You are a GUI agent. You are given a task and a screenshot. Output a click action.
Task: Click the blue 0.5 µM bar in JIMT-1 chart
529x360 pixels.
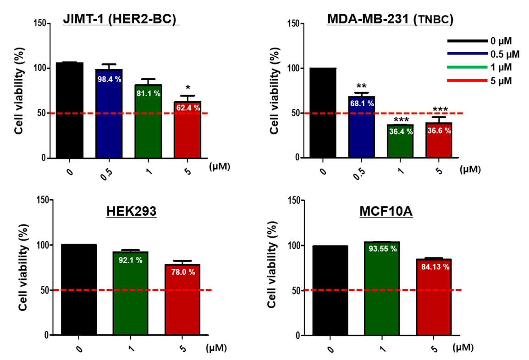(x=109, y=114)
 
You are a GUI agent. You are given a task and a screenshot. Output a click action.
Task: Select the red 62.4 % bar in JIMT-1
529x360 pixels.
(x=187, y=130)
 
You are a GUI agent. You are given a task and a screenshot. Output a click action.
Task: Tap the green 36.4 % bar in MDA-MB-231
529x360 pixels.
(x=401, y=141)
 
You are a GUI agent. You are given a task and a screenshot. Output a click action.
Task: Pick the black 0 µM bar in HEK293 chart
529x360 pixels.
(x=78, y=289)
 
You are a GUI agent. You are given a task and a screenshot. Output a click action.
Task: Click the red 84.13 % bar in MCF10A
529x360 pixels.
(x=434, y=297)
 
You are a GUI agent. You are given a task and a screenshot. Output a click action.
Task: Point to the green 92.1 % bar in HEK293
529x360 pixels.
(x=131, y=293)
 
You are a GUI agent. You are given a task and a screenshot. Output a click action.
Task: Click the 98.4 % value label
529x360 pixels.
(x=109, y=79)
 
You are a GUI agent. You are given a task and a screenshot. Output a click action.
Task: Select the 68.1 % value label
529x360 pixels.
(x=362, y=104)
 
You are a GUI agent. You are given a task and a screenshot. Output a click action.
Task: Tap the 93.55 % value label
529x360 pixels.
(x=383, y=249)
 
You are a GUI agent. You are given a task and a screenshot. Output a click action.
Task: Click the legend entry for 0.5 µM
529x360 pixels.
(x=484, y=54)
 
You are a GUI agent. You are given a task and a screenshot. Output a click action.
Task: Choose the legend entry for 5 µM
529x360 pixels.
(x=479, y=81)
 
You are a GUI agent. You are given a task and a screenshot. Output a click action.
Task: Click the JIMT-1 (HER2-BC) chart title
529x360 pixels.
(x=120, y=19)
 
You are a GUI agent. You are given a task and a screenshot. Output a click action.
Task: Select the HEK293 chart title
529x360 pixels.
(x=132, y=211)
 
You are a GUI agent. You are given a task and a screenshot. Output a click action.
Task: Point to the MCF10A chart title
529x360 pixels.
(x=386, y=212)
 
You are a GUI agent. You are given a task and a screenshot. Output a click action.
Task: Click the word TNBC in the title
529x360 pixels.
(x=435, y=20)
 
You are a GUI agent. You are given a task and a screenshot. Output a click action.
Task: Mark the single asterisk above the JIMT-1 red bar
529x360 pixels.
(x=188, y=89)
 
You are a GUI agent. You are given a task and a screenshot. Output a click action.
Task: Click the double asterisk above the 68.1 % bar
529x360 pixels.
(x=361, y=87)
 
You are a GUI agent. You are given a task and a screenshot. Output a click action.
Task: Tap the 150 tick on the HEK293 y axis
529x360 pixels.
(x=43, y=200)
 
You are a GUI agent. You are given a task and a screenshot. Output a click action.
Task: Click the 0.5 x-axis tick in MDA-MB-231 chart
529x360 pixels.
(x=360, y=174)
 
